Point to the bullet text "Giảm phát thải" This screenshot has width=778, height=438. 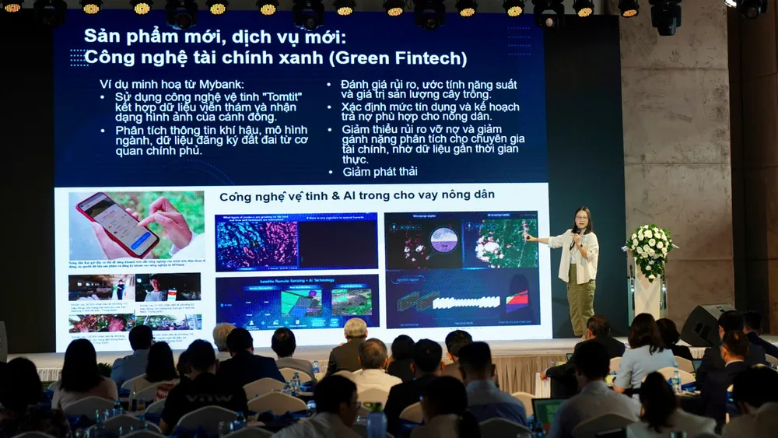(380, 171)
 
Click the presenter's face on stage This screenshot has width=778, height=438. (581, 219)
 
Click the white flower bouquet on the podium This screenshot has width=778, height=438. (650, 248)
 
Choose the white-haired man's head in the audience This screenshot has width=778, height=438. (356, 330)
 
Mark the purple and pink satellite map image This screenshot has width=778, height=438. (257, 244)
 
